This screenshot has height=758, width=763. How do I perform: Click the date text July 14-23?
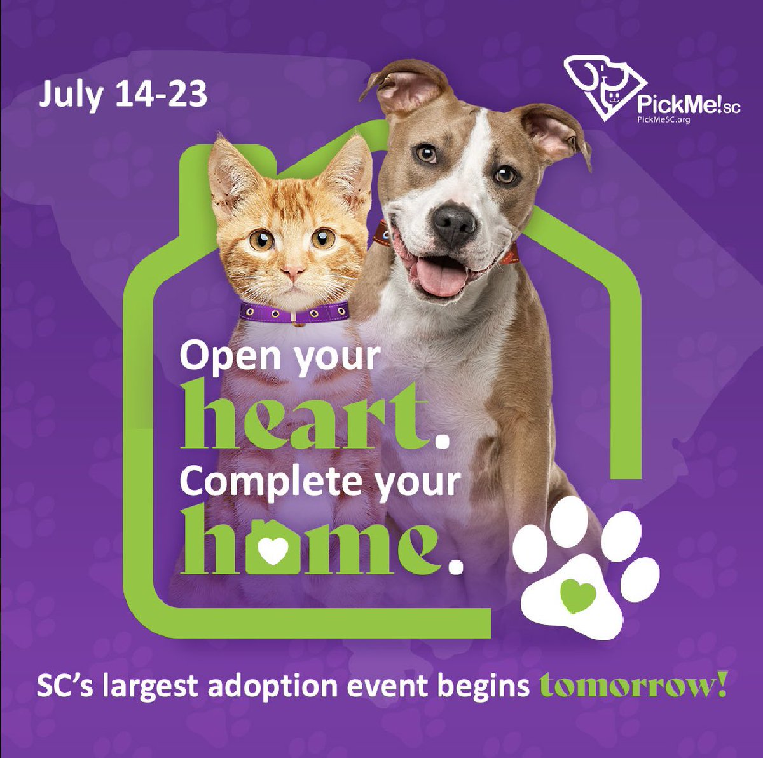pyautogui.click(x=123, y=94)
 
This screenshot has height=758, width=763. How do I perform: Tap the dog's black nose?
pyautogui.click(x=454, y=222)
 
